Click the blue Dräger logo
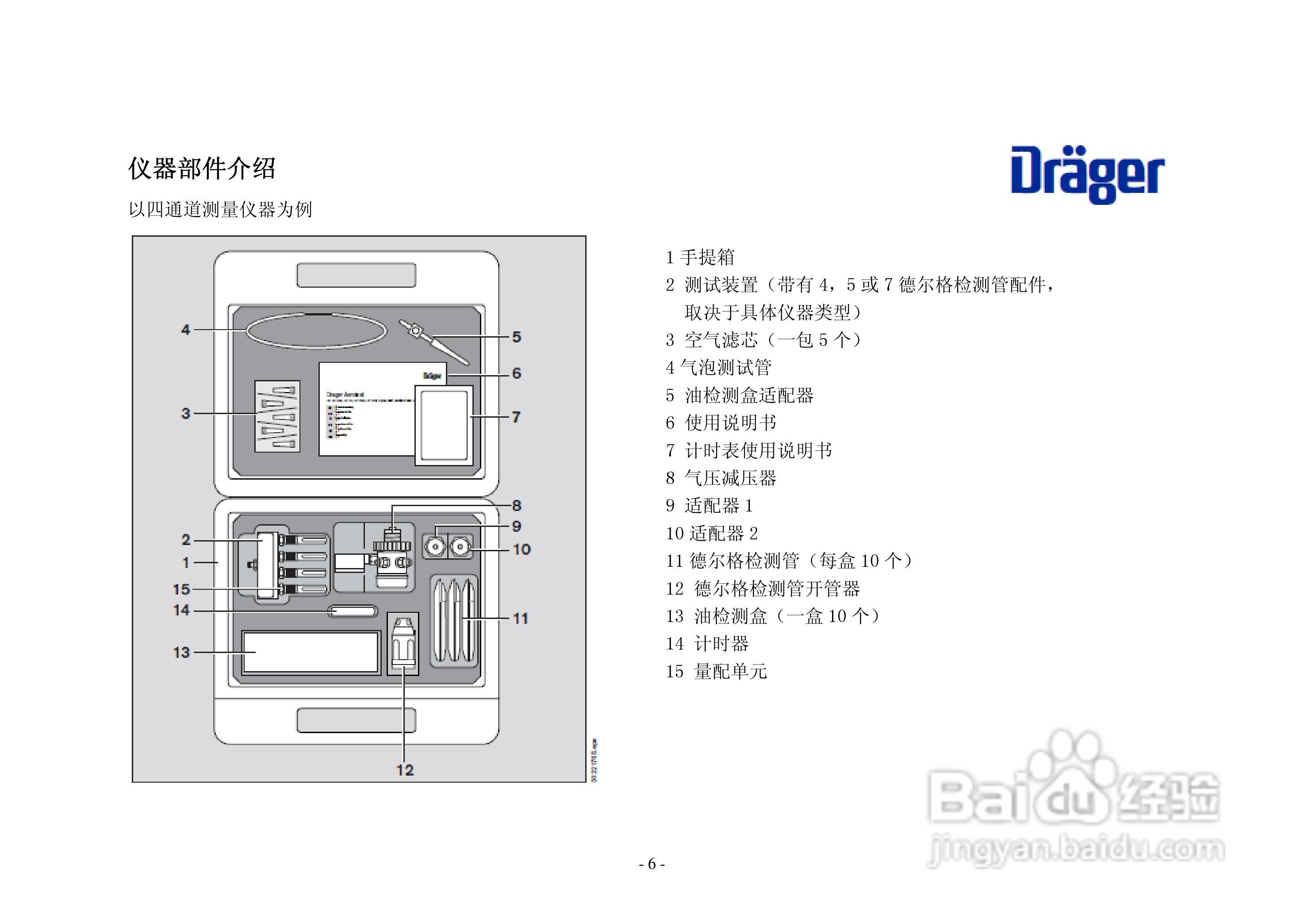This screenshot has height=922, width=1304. (1087, 174)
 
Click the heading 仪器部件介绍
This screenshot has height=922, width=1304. (202, 169)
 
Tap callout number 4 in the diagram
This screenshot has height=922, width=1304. (185, 330)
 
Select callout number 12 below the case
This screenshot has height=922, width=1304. (405, 770)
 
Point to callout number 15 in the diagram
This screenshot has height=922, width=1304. (181, 589)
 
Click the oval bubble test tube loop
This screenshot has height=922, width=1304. (316, 330)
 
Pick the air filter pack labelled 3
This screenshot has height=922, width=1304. (277, 416)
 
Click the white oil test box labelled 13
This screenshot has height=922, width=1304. (311, 652)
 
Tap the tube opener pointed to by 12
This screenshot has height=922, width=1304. (403, 644)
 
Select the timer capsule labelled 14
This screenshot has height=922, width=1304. (353, 611)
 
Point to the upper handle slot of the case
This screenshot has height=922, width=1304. (356, 275)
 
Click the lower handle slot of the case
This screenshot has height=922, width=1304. (356, 720)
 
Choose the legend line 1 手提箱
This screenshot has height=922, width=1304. (700, 257)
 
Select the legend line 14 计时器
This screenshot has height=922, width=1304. (707, 644)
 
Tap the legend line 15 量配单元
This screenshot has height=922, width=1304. (716, 672)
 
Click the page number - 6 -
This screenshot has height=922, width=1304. (652, 864)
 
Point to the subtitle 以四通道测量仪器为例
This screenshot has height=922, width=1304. (220, 210)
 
